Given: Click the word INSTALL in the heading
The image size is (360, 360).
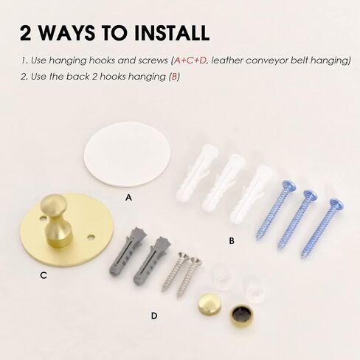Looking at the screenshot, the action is pos(172,32).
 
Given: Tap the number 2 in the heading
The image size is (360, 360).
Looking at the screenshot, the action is pos(26,32).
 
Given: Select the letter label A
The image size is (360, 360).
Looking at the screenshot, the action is pos(128,198).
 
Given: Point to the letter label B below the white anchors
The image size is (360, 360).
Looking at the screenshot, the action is pos(232,240).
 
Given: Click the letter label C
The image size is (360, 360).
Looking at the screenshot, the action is pos(44,275).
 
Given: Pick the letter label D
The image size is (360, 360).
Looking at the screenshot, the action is pos(154,316).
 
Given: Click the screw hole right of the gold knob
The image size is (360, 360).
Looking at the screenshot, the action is pos(91,238).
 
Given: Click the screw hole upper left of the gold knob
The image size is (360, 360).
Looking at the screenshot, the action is pos(44,218).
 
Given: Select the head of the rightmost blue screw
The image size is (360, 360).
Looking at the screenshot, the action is pos(336,204).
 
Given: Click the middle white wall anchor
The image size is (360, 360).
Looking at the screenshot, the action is pos(224,183).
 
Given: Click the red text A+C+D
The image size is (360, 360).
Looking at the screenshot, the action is pos(190,60).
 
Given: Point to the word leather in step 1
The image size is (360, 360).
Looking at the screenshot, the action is pos(226,60).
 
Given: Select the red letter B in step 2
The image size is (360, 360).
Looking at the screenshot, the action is pos(174,77).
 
